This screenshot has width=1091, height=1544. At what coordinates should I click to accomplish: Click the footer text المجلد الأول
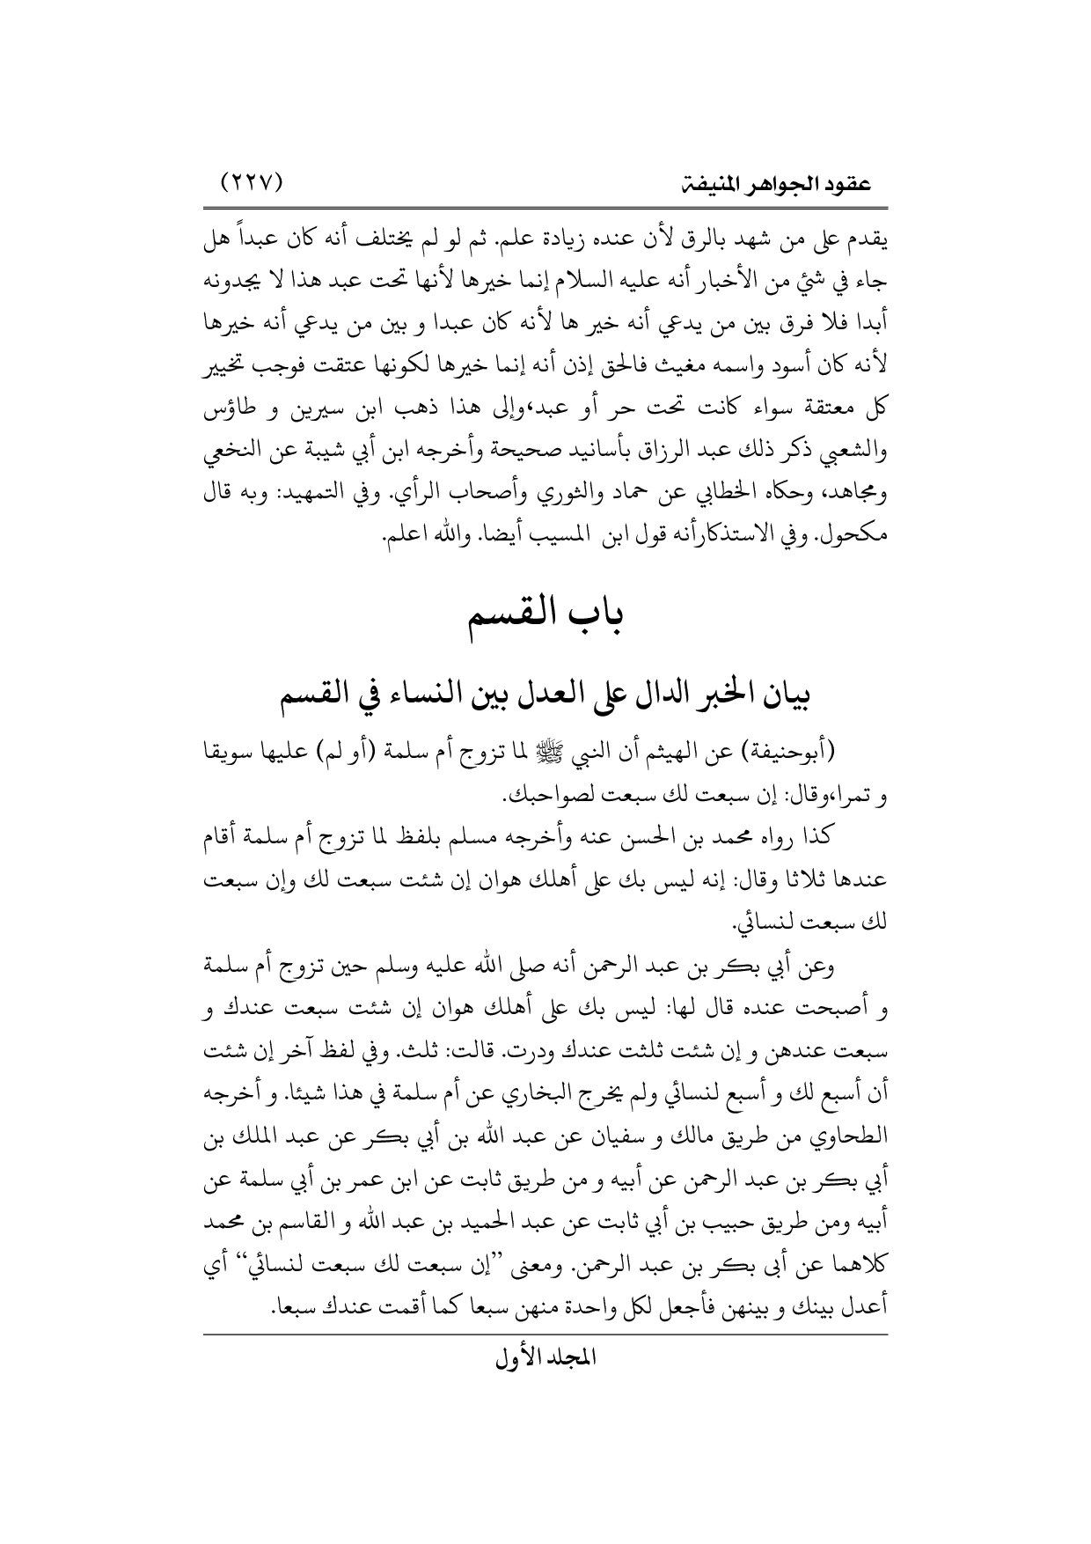(x=546, y=1379)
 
